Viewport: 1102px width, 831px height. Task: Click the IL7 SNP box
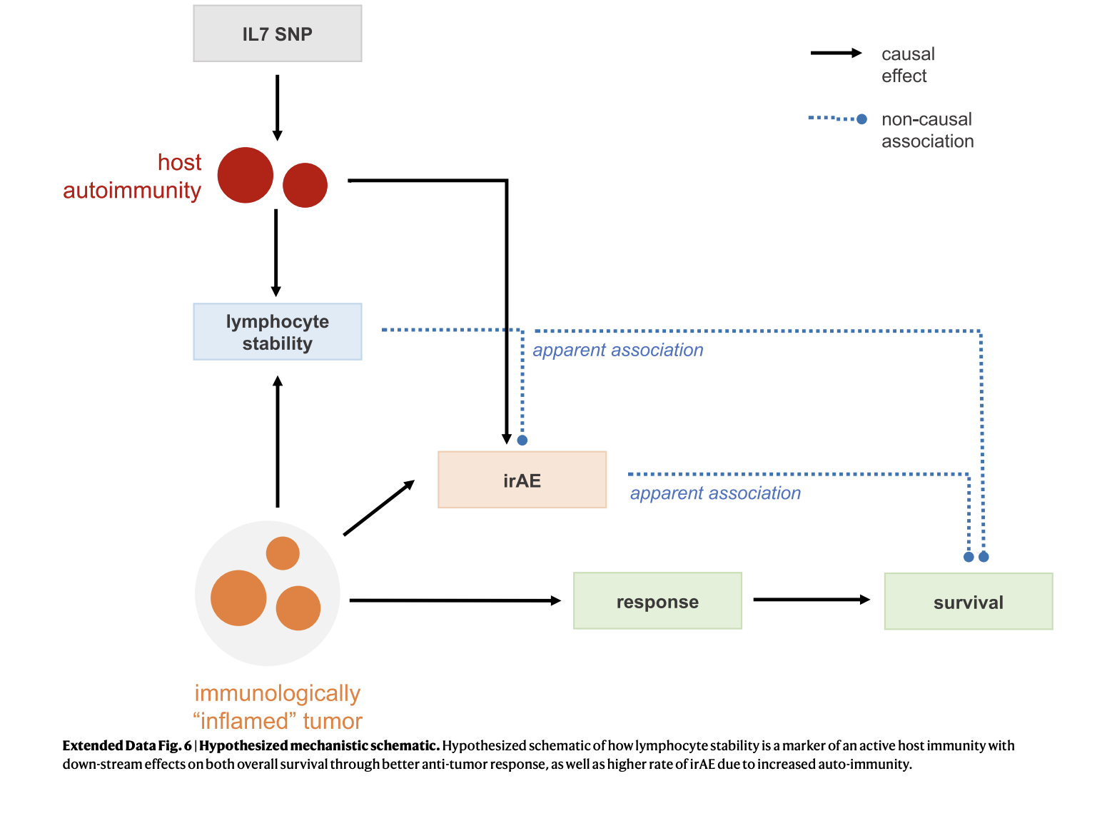point(277,33)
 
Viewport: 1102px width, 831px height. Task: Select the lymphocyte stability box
point(277,331)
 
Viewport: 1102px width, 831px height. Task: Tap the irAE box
point(522,479)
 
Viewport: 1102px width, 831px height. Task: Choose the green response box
point(657,600)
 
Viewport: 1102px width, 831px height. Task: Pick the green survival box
point(968,600)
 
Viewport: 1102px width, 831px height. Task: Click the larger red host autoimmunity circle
point(245,175)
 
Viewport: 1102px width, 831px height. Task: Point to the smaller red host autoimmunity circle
point(305,185)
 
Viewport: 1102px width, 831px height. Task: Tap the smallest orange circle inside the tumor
point(283,553)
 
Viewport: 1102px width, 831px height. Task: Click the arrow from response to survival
point(812,599)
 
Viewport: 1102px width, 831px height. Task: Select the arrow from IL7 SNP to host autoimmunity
point(277,108)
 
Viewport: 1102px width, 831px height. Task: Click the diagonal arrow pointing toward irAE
point(379,507)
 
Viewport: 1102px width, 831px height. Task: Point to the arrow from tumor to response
point(455,600)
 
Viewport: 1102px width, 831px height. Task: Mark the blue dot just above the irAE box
point(522,440)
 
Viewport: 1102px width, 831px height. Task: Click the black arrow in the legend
point(836,53)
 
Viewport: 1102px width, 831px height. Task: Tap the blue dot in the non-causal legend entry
point(861,119)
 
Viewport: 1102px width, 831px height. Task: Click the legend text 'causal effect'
point(908,65)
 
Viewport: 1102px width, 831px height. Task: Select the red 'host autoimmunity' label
point(131,176)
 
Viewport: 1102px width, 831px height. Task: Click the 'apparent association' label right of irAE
point(715,493)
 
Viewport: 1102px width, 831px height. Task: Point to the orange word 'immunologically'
point(277,692)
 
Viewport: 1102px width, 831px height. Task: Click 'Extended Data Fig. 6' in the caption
point(127,745)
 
